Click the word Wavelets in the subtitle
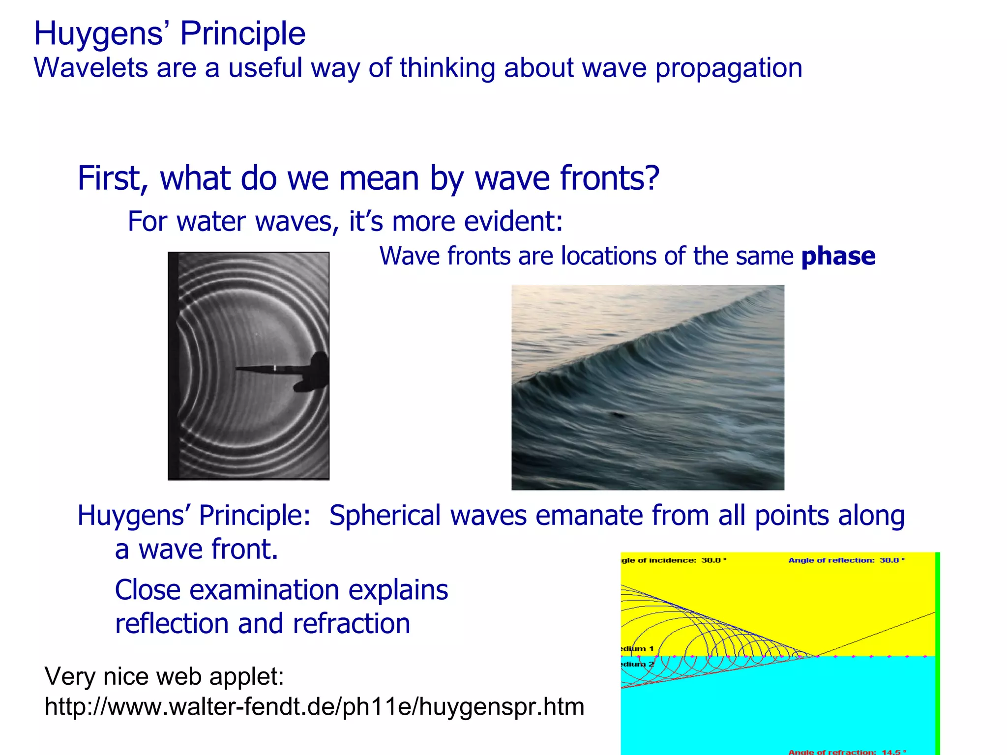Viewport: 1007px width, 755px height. point(90,68)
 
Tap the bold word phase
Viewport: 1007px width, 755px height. point(838,256)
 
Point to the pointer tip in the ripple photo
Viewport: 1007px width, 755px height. point(238,368)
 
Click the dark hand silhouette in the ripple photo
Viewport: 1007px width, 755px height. point(315,372)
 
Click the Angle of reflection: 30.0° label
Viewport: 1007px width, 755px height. point(846,560)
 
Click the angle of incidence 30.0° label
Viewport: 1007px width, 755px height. point(674,560)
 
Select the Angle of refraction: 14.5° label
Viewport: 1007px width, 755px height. point(847,752)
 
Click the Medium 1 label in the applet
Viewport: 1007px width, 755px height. point(637,648)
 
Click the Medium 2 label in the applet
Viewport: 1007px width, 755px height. point(637,664)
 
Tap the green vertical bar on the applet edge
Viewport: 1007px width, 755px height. point(937,654)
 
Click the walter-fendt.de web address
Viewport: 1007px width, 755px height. point(314,707)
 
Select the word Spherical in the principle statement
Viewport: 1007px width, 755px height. point(385,516)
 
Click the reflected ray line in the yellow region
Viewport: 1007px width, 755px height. point(875,634)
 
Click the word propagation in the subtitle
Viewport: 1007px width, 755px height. point(729,68)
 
